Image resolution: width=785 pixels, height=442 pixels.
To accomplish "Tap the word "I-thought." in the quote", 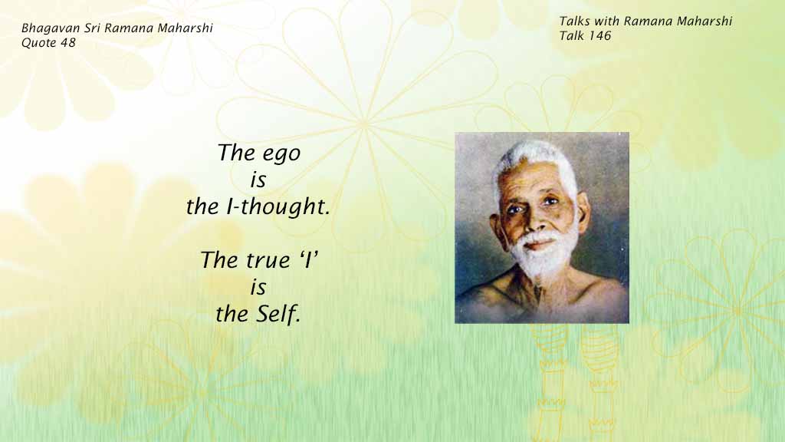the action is (278, 206).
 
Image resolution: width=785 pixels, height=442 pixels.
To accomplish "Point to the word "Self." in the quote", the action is (278, 314).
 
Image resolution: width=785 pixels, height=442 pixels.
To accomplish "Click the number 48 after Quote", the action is (68, 43).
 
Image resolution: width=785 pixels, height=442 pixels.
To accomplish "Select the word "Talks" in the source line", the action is (574, 21).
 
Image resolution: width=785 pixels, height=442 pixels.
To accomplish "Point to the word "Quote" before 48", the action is (39, 43).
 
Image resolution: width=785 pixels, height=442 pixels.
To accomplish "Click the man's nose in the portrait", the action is (533, 220).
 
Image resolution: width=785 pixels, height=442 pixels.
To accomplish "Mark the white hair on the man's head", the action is (537, 160).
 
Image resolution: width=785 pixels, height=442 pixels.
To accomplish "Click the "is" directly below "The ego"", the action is (258, 180).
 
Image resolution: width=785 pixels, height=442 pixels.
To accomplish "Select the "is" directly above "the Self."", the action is (258, 287).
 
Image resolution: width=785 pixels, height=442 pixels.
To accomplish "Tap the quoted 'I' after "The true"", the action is (310, 259).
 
